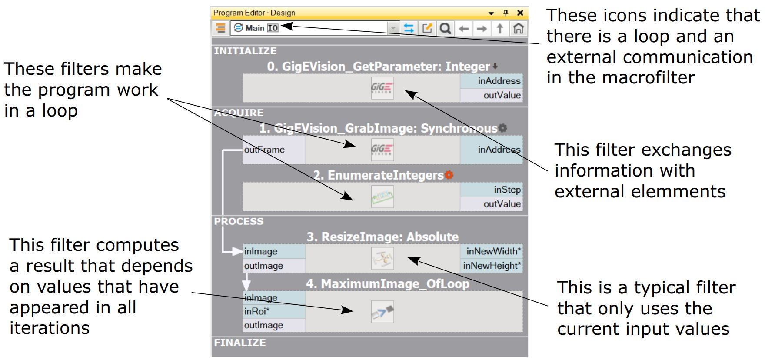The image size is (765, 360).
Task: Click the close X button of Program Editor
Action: point(520,13)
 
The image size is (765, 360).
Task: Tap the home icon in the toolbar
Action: point(518,29)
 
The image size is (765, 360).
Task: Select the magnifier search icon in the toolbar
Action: point(445,29)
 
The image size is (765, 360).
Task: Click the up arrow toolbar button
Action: point(500,29)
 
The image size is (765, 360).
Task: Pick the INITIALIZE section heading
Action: point(245,51)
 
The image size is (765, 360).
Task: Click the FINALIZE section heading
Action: point(240,343)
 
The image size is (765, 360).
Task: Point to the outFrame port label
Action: point(264,150)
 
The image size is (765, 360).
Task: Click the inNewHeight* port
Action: point(492,266)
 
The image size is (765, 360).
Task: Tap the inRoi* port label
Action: point(257,311)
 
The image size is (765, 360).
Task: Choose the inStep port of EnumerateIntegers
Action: point(507,190)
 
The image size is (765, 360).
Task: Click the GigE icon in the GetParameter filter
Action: point(382,88)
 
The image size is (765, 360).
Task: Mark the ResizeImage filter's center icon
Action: point(382,259)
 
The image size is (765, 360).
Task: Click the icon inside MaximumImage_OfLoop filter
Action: point(382,312)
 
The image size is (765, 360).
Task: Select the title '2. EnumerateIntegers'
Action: point(378,175)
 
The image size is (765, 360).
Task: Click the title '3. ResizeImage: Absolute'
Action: point(382,237)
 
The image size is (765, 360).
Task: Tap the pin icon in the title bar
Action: point(506,13)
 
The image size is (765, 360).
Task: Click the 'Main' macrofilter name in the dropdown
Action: point(255,28)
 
